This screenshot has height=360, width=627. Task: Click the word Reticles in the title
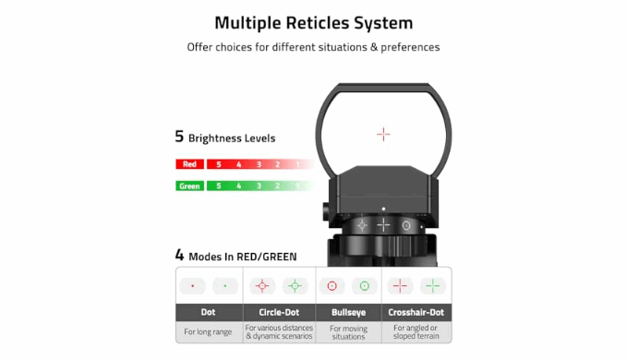318,23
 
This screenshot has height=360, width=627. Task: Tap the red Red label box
190,164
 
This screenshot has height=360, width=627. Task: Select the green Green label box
190,186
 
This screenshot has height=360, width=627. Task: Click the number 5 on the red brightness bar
219,164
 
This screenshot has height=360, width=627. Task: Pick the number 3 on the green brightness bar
259,186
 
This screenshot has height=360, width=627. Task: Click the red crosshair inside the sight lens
383,134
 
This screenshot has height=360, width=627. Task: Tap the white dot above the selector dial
383,209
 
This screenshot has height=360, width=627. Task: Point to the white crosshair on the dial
383,225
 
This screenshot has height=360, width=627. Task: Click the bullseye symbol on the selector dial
406,226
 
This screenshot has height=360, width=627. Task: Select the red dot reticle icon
193,286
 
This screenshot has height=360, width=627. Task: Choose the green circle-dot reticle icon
295,286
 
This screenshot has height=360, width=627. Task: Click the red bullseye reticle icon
332,286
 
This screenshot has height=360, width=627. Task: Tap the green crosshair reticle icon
433,286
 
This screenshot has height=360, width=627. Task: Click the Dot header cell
209,312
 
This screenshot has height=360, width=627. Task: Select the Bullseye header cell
349,312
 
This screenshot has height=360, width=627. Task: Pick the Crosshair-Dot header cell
416,312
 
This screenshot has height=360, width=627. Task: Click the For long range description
208,331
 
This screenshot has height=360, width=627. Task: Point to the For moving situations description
349,332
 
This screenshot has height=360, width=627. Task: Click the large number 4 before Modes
179,255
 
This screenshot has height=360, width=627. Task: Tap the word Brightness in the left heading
215,138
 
